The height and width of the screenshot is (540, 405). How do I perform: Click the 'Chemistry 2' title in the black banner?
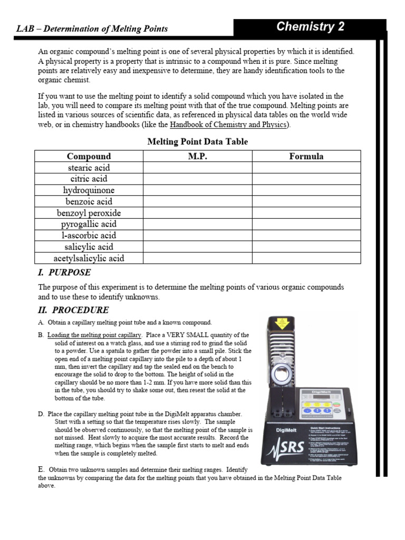pos(310,27)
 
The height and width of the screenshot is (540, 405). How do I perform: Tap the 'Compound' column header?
pos(89,156)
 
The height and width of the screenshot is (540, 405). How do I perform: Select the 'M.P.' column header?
pos(197,156)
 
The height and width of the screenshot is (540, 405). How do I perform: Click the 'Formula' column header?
pos(306,156)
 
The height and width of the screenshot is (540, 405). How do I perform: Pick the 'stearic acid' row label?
pos(89,168)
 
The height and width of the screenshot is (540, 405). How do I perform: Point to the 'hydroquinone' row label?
pos(89,190)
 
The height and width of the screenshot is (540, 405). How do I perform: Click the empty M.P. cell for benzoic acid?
pos(197,201)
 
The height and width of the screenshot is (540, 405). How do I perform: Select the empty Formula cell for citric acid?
pos(306,179)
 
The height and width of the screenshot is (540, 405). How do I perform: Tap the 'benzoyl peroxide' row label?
pos(89,213)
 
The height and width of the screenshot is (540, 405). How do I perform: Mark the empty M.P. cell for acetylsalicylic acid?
pos(197,258)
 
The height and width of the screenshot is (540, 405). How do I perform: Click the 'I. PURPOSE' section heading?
pos(64,273)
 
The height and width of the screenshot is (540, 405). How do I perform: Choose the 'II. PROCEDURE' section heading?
pos(73,310)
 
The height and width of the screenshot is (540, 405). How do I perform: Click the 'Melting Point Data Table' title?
pos(197,141)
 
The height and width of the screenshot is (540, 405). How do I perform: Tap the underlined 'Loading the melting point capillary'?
pos(94,335)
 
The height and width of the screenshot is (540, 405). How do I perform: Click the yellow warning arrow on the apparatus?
pos(283,322)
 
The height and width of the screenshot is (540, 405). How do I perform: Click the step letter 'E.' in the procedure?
pos(41,469)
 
